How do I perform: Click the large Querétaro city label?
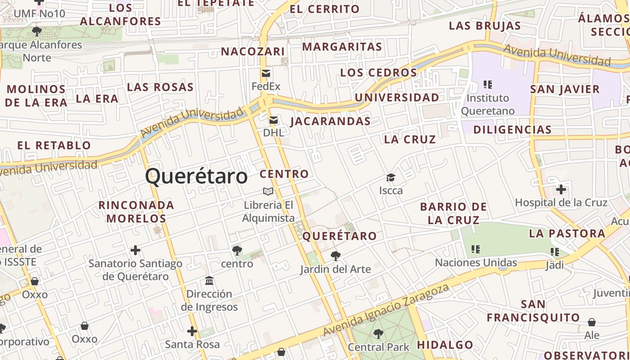pos(196,176)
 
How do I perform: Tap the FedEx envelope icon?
pos(266,73)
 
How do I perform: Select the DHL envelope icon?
pos(273,120)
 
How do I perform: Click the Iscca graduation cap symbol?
pos(391,178)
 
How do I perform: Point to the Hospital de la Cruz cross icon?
pos(561,189)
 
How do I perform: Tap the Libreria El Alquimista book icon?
pos(268,192)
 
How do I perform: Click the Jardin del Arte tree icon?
pos(335,256)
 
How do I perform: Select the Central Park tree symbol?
pos(378,334)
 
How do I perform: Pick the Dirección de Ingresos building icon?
pos(209,281)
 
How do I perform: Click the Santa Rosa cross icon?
pos(192,332)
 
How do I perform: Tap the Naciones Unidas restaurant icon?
pos(476,249)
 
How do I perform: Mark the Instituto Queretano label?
pos(488,104)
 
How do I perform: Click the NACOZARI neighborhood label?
pos(253,51)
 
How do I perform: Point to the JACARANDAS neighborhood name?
pos(330,121)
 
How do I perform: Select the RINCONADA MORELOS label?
pos(136,212)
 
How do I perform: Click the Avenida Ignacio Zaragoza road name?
pos(386,310)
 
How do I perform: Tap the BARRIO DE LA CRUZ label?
pos(454,213)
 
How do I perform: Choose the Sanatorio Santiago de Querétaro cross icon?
pos(135,250)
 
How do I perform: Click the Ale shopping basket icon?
pos(592,322)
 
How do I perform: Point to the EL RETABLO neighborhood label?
pos(54,145)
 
